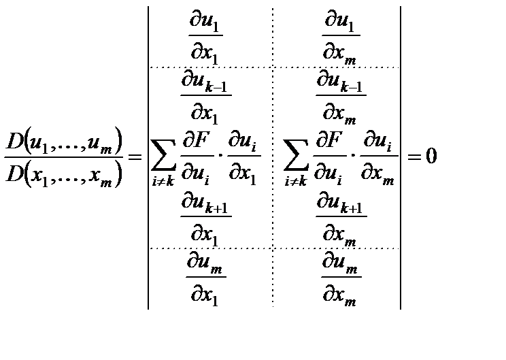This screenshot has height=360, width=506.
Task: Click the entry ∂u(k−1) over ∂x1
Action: tap(205, 95)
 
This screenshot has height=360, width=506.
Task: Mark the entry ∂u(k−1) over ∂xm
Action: tap(341, 95)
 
